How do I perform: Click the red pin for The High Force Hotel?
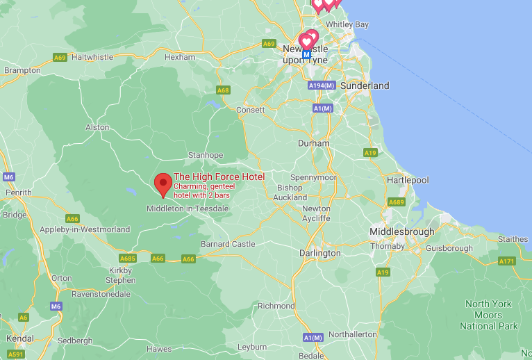[x=163, y=184]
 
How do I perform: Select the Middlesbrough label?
[x=402, y=231]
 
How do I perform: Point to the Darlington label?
[x=320, y=254]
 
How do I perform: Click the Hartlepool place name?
[x=408, y=180]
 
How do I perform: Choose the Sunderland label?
[x=365, y=85]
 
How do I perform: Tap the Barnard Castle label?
[x=228, y=244]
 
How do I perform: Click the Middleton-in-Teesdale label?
[x=188, y=208]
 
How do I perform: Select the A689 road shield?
[x=397, y=202]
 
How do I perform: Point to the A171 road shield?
[x=507, y=261]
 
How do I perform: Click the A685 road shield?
[x=128, y=259]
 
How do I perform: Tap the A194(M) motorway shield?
[x=321, y=85]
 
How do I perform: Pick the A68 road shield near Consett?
[x=223, y=90]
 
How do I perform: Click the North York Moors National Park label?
[x=488, y=315]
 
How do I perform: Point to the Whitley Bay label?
[x=347, y=24]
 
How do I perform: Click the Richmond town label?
[x=276, y=306]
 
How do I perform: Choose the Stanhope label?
[x=206, y=155]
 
